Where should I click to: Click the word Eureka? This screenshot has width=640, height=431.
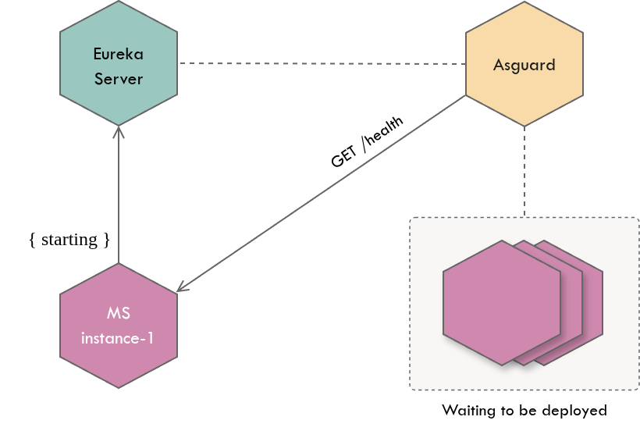(119, 55)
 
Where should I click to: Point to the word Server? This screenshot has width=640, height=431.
(119, 79)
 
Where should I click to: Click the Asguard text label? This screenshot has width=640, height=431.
(524, 65)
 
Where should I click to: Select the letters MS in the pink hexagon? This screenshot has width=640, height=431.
(119, 314)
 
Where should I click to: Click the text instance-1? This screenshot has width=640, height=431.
(118, 338)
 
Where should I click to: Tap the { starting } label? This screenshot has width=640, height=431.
(69, 240)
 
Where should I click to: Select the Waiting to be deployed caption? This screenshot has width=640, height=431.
(524, 410)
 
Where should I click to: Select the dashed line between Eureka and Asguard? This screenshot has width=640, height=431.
(320, 63)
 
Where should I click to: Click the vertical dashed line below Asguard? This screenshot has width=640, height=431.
(524, 172)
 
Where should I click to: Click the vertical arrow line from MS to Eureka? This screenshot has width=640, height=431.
(118, 195)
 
